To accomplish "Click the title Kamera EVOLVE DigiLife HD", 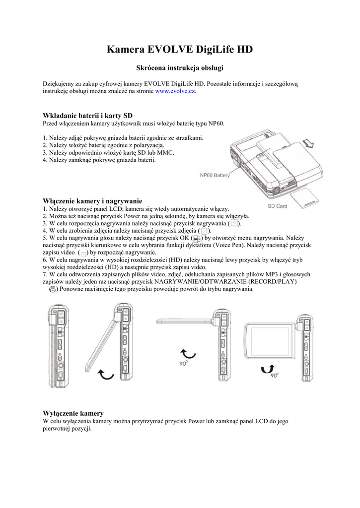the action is point(180,49).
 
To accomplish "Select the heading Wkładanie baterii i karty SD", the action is point(88,116).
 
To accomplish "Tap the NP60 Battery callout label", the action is point(215,175).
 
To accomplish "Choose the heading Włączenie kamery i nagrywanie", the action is point(93,201).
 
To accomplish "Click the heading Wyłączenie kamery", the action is point(73,413).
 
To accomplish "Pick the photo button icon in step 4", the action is point(205,231).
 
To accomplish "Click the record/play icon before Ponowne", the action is point(53,289).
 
